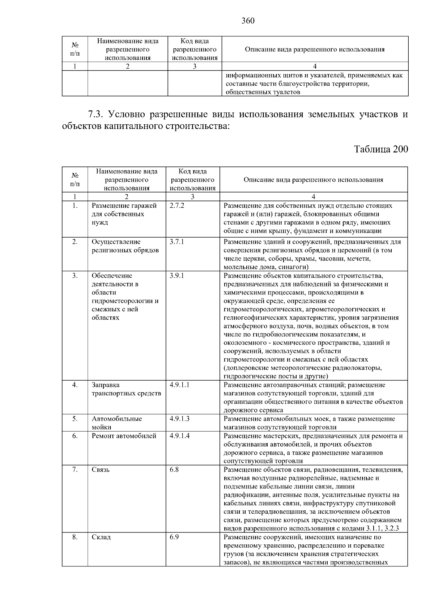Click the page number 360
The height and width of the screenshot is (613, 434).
pos(248,21)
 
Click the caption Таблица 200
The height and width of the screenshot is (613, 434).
pos(381,149)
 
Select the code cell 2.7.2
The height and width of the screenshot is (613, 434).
pos(177,206)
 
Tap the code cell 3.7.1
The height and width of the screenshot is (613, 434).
pos(177,242)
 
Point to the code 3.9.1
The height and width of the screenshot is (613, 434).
pos(177,276)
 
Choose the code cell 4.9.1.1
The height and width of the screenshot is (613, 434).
pos(179,385)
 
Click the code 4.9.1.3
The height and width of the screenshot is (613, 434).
pos(179,419)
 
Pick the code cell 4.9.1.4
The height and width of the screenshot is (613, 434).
pos(179,436)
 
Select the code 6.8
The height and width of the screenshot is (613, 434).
pos(174,470)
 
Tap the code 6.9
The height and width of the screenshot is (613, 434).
pos(174,537)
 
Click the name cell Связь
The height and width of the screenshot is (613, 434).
pos(101,470)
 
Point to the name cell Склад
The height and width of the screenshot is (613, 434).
pos(101,537)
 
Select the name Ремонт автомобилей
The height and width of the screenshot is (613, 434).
pos(124,436)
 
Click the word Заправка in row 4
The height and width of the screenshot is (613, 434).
pos(106,385)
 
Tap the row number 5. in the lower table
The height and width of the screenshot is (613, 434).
pos(75,419)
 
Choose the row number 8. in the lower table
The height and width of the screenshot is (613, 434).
pos(75,537)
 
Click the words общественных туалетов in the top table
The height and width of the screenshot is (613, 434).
pos(263,92)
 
